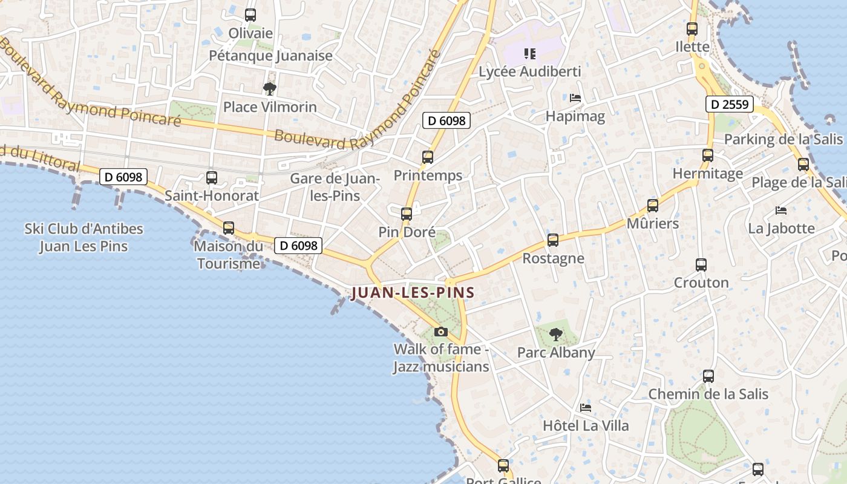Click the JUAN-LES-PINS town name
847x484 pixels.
point(413,293)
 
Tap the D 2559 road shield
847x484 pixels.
point(730,104)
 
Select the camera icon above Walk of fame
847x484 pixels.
point(441,332)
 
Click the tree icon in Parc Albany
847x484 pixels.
point(555,334)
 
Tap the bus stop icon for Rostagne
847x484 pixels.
point(552,240)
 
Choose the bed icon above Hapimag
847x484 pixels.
point(575,97)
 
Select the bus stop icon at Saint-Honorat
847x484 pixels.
point(211,178)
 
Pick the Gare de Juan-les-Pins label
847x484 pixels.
point(334,187)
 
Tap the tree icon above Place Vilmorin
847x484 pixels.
point(270,90)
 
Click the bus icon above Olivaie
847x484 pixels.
point(250,15)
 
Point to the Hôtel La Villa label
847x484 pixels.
point(586,425)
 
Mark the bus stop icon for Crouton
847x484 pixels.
point(701,265)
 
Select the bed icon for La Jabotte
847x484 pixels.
point(781,211)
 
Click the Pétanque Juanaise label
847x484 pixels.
point(270,56)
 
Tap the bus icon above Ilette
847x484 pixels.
point(692,28)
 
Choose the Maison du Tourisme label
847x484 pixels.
point(229,255)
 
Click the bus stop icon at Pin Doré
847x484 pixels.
point(407,214)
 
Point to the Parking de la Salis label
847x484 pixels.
point(783,139)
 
